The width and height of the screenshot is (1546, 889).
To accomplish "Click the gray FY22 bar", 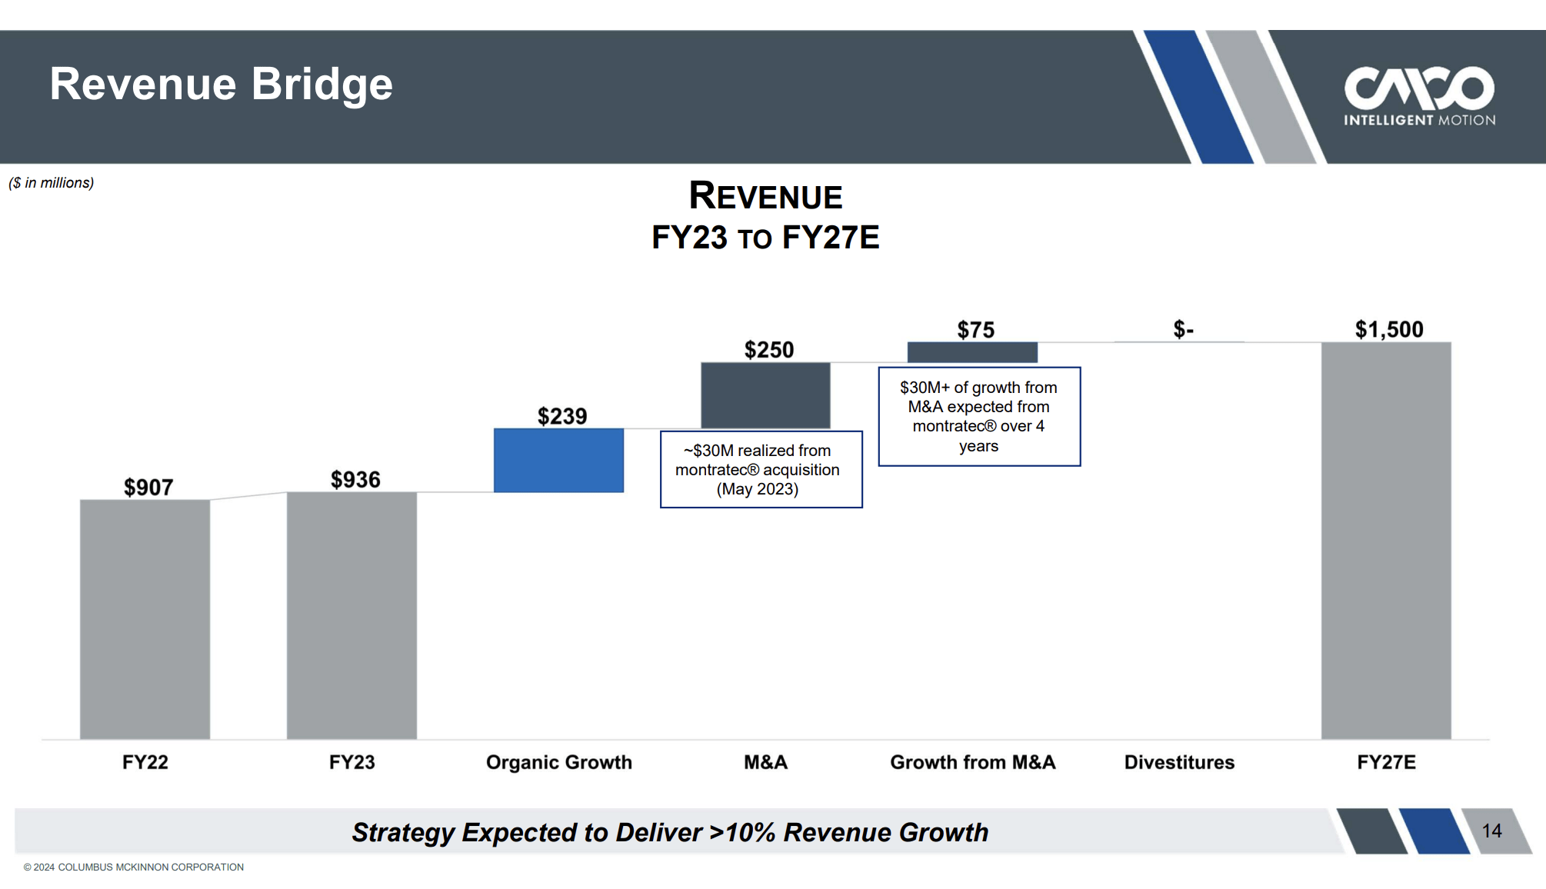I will point(145,619).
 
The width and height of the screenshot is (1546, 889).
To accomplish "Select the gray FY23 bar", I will point(352,615).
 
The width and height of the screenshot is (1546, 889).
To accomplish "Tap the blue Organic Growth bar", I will point(558,460).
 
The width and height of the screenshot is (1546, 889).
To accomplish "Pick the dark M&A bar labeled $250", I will point(765,395).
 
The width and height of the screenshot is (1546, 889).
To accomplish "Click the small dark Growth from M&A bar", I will point(972,352).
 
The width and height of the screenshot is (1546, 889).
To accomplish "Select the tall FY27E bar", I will point(1386,540).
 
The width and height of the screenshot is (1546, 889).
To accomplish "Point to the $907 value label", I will point(148,487).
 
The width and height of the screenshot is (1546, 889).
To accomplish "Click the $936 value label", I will point(355,479).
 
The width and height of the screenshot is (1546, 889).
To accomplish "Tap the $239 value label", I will point(562,416).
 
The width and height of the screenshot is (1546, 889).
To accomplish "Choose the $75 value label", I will point(975,330).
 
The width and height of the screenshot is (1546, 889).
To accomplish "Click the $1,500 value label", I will point(1389,329).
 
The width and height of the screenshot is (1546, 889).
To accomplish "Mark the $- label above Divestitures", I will point(1183,329).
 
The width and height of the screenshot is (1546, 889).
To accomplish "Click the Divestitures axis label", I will point(1179,762).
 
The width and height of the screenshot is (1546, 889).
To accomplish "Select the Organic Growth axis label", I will point(558,762).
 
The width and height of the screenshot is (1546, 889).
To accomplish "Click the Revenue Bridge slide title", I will point(221,84).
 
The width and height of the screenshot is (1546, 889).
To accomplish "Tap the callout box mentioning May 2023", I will point(761,469).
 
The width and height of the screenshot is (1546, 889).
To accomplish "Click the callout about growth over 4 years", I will point(979,416).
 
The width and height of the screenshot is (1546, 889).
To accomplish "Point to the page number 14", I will point(1491,831).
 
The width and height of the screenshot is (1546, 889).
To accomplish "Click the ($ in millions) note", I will point(51,183).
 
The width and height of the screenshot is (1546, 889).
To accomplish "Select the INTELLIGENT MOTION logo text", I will point(1419,120).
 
